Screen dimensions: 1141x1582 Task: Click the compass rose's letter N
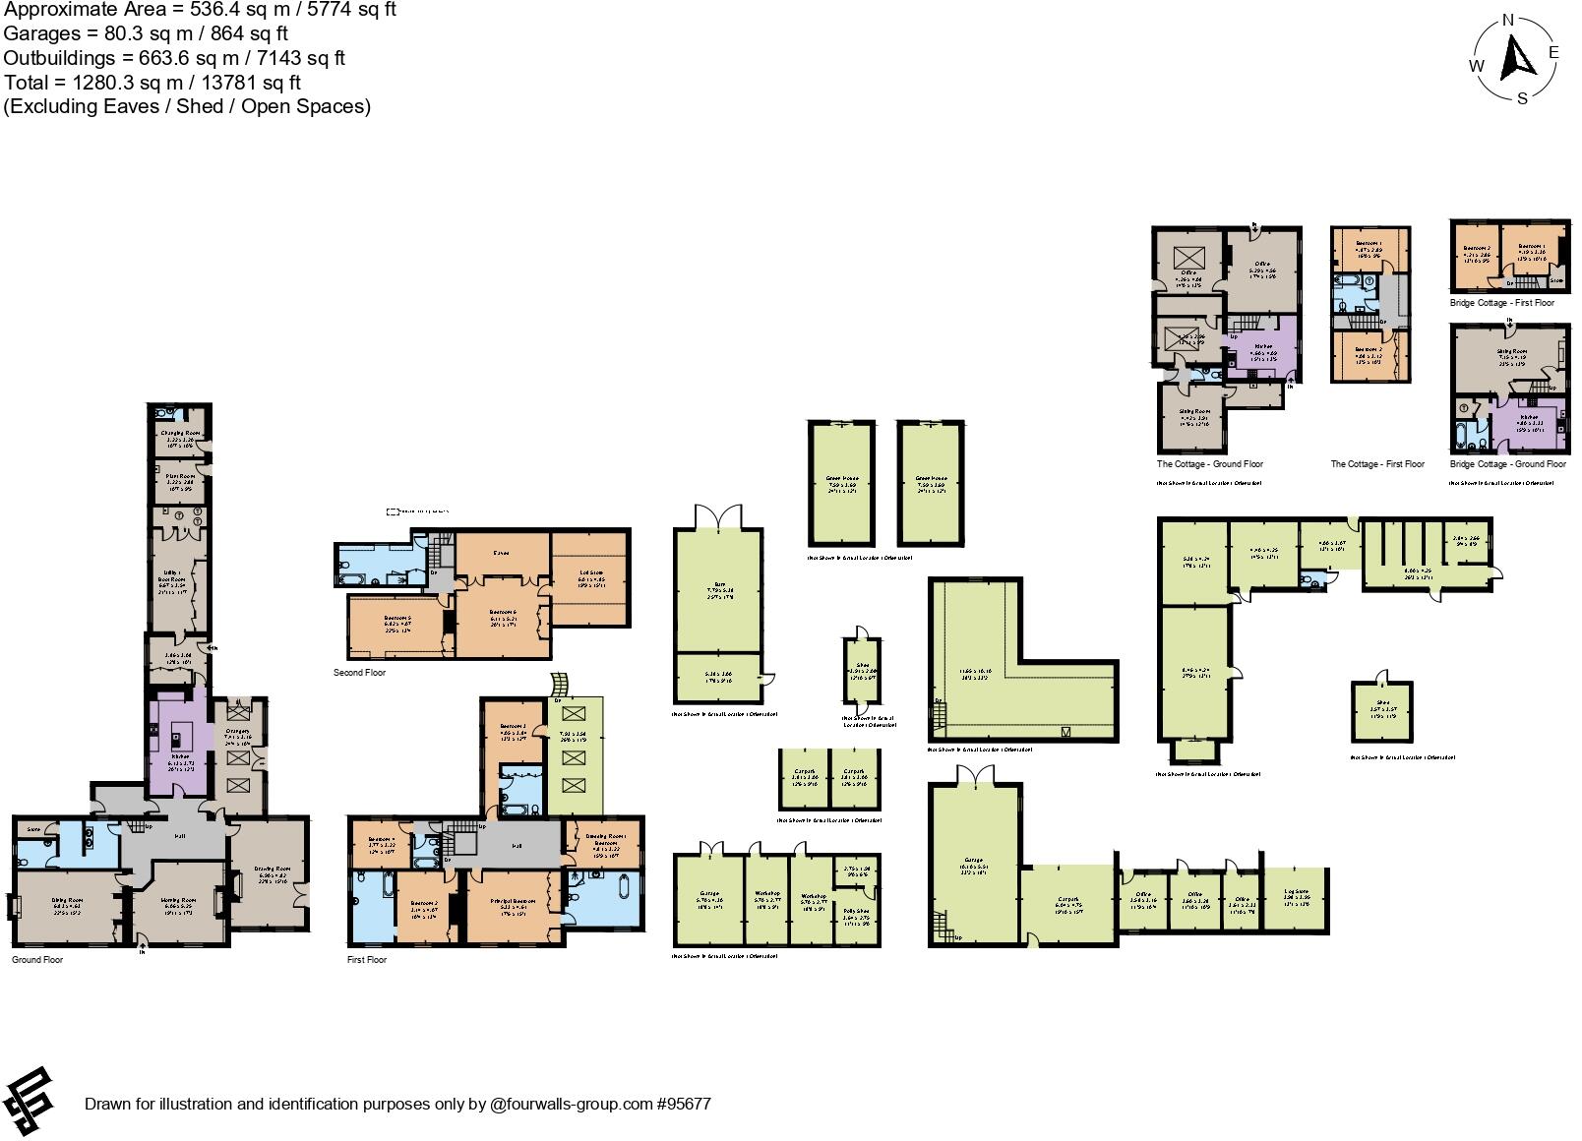point(1507,20)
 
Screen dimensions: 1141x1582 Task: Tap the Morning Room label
point(180,900)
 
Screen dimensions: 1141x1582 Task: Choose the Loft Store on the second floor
point(590,580)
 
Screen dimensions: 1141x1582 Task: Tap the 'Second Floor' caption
point(359,673)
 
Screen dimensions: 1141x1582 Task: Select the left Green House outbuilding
point(842,482)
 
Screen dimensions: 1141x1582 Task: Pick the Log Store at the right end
point(1297,899)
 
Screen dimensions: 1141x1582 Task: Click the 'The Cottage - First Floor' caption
point(1377,464)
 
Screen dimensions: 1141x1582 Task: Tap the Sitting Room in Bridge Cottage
point(1510,359)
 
